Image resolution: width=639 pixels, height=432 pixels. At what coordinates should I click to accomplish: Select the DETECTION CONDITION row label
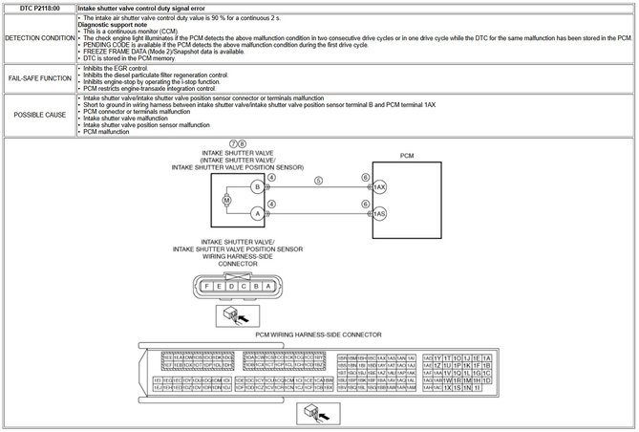tap(38, 37)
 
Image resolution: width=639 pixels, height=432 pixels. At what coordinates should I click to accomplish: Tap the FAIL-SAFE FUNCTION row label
tap(38, 77)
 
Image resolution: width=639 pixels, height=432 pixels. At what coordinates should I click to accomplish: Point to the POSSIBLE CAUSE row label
tap(38, 114)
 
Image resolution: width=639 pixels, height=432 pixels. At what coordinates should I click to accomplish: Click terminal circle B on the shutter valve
tap(257, 186)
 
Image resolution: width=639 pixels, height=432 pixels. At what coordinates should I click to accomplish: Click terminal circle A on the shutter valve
tap(257, 214)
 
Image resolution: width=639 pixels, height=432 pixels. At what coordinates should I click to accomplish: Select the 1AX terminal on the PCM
tap(379, 186)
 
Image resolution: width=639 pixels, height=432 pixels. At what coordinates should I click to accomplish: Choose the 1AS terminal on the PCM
tap(379, 214)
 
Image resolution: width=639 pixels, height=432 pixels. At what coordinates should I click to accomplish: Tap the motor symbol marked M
tap(226, 201)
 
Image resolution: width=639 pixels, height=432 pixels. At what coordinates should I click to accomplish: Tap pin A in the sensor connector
tap(268, 285)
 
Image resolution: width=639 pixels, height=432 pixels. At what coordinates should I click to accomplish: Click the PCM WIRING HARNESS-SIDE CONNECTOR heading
tap(319, 335)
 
